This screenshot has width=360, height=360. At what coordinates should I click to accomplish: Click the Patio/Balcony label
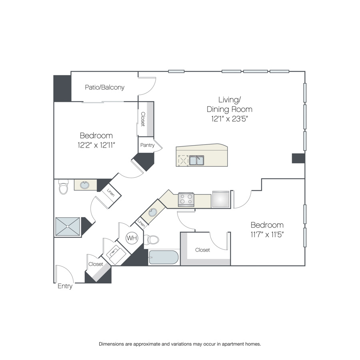105,88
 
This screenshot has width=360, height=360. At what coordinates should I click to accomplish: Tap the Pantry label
147,145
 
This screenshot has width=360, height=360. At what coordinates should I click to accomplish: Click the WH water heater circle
132,238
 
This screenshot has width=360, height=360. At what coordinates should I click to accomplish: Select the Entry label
65,286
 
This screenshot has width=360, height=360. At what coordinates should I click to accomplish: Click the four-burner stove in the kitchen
186,199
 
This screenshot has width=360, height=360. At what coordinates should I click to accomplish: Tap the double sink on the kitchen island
196,160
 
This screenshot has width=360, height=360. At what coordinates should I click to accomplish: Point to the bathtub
164,257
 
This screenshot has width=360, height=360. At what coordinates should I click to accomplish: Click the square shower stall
68,226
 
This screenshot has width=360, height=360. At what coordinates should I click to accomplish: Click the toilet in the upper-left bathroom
63,187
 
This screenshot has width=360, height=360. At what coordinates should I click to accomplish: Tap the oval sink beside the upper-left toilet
84,185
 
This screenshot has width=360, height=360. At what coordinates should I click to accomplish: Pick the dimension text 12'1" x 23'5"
230,119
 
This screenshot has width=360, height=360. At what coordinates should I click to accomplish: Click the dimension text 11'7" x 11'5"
267,235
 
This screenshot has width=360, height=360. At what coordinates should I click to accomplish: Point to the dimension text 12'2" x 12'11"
96,145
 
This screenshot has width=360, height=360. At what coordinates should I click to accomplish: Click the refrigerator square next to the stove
221,199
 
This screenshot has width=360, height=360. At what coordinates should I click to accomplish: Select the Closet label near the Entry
96,264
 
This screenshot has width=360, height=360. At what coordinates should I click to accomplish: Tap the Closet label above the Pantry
143,119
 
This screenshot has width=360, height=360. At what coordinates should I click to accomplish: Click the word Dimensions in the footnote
111,344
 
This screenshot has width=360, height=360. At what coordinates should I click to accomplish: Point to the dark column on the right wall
298,158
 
